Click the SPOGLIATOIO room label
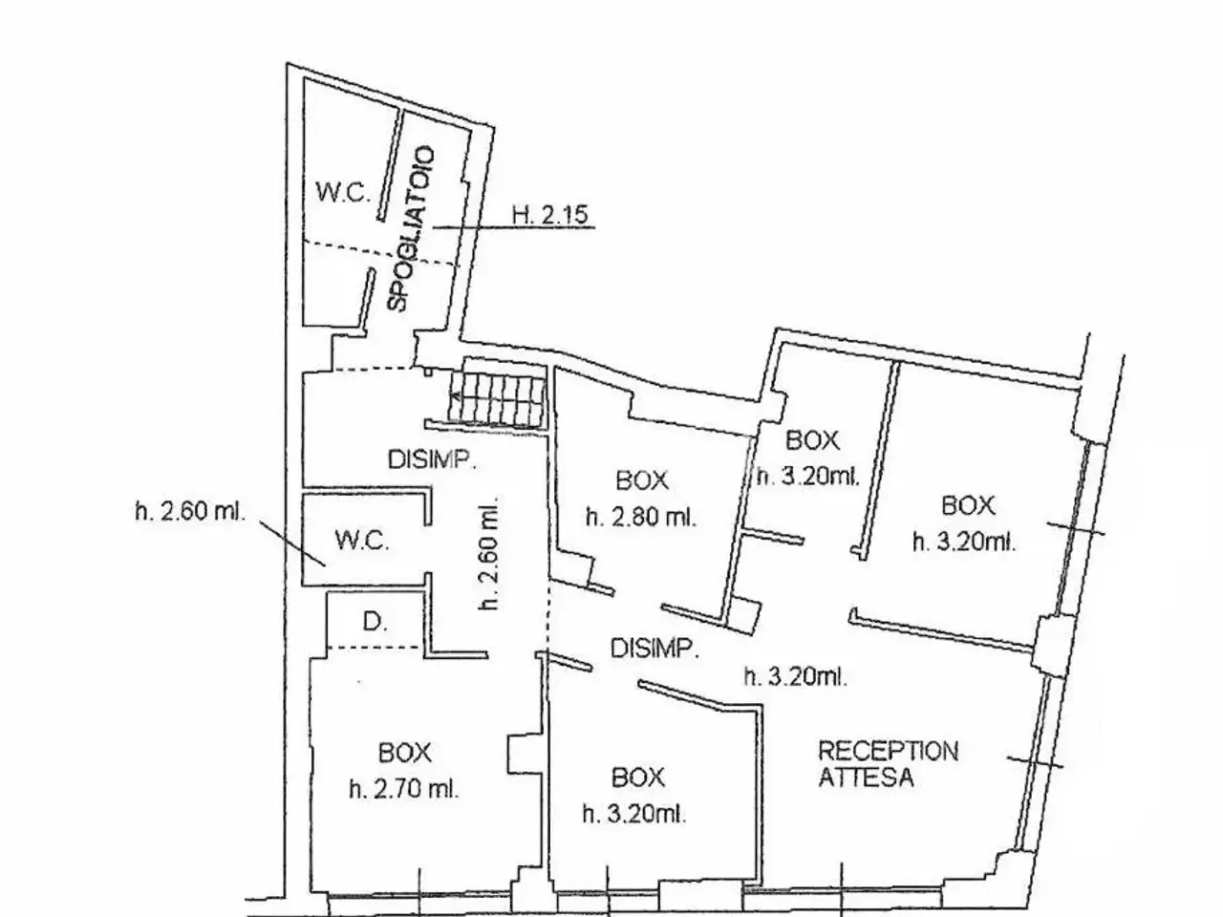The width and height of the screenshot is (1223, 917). pos(410,229)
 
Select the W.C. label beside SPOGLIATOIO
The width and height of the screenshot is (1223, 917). pos(343,193)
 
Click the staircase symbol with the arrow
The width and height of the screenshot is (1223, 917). pos(497,397)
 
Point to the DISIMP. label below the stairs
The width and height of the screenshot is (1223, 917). pos(432,459)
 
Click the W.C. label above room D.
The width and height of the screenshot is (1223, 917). pos(361,540)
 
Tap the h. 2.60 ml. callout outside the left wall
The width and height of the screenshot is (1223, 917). pos(190,511)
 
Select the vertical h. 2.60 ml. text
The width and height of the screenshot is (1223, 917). pos(489,552)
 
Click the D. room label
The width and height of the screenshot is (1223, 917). pos(375,621)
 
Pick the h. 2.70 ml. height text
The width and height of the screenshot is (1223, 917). pos(404,789)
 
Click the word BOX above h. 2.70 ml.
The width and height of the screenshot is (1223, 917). pos(405,753)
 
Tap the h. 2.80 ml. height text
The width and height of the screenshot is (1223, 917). pos(641,517)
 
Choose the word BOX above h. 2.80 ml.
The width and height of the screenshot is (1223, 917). pos(642,480)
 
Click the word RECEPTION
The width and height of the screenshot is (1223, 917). pos(889,751)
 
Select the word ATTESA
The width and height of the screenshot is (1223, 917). pos(866,778)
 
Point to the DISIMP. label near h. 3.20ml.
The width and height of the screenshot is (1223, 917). pos(654,649)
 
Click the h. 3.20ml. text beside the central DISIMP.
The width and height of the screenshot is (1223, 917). pos(796,676)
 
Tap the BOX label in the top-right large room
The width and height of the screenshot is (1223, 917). pos(968,505)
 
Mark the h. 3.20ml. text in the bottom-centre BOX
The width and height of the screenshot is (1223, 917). pos(634,815)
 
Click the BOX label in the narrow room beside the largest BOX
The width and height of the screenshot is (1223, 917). pos(812,440)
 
